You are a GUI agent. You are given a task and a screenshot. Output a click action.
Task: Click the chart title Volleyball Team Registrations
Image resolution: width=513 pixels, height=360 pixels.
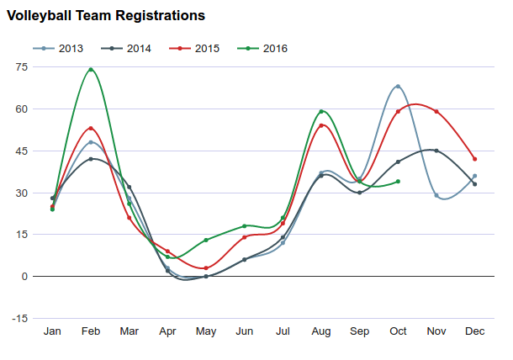coord(104,16)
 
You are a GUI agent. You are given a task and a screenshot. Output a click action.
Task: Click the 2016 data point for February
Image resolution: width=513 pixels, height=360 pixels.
coord(91,70)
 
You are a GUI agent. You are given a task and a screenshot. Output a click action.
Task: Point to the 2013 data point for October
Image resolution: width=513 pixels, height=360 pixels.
coord(398,87)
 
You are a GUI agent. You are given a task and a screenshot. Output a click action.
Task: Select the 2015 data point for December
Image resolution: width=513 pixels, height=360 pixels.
coord(475,159)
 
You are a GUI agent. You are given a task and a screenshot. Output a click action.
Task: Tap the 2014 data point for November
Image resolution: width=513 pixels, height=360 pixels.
coord(436,151)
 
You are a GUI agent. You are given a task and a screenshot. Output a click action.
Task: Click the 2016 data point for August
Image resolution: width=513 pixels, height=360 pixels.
coord(321,112)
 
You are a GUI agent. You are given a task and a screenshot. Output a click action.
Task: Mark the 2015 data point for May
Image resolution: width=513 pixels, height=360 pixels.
coord(206,268)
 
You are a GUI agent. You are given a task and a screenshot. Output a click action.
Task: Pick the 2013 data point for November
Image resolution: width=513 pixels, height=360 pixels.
coord(436,195)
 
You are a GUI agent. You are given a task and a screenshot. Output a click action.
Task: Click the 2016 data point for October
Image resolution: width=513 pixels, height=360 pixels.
coord(398,182)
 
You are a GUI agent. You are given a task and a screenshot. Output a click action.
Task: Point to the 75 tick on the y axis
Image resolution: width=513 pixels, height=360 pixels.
coord(23,67)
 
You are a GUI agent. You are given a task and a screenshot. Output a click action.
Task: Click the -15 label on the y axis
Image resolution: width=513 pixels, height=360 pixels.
coord(20,319)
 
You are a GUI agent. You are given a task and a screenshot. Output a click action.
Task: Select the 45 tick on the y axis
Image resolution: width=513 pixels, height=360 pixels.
coord(23,151)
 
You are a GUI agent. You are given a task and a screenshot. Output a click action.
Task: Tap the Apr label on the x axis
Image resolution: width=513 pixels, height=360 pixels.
coord(167,332)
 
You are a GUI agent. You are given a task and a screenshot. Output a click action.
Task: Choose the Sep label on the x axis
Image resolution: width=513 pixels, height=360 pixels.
coord(359,332)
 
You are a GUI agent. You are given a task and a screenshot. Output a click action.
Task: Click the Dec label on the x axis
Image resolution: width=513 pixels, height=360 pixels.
coord(475,332)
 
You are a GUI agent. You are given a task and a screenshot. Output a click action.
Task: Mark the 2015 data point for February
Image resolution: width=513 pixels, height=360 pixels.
coord(91,129)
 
